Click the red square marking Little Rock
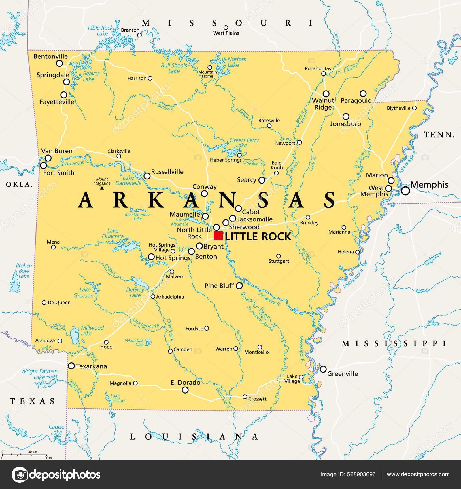[x=218, y=236]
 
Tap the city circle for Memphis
[x=405, y=190]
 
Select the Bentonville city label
[x=50, y=56]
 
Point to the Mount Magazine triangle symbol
[x=102, y=188]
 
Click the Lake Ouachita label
[x=113, y=234]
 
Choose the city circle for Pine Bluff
[x=239, y=286]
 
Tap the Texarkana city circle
[x=71, y=366]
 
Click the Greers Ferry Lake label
[x=244, y=143]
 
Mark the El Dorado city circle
[x=185, y=390]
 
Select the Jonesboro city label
[x=345, y=124]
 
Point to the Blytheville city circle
[x=414, y=108]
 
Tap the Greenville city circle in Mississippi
[x=323, y=369]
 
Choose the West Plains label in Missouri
[x=226, y=33]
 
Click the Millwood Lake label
[x=92, y=331]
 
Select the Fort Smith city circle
[x=44, y=165]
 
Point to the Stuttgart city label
[x=279, y=261]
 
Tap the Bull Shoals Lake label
[x=174, y=68]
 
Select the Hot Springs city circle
[x=151, y=257]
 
